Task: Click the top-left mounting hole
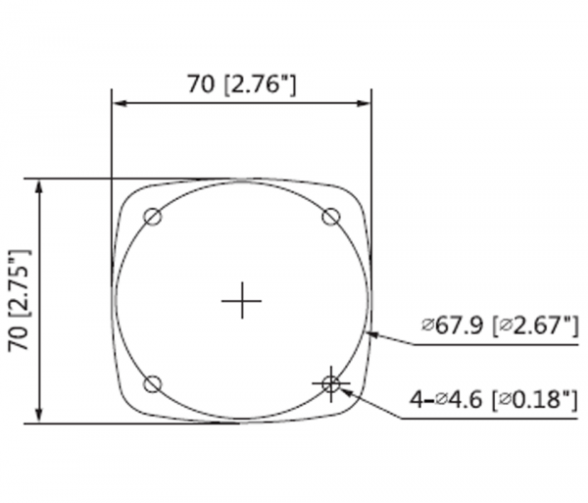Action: coord(153,217)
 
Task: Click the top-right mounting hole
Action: coord(331,217)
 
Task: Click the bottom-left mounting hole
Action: coord(153,383)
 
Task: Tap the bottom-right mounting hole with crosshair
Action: coord(331,383)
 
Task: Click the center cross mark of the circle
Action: coord(242,300)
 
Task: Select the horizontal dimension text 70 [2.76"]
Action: coord(242,84)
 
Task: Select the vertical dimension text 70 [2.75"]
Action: coord(19,300)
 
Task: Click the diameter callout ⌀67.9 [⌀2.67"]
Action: coord(500,326)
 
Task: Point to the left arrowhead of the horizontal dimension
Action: coord(121,104)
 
